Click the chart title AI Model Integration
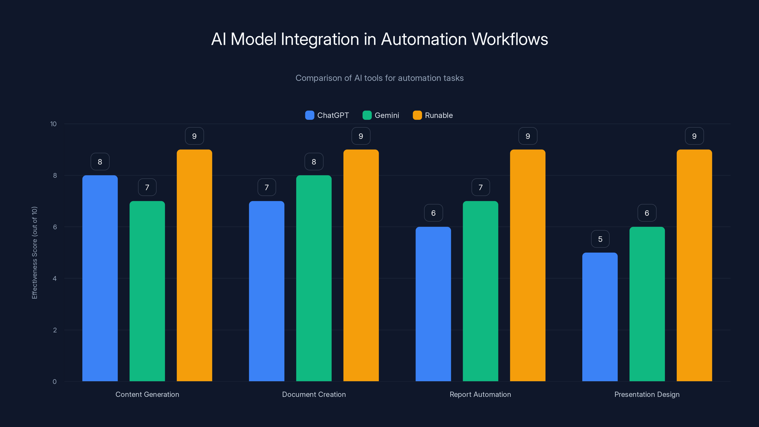379,39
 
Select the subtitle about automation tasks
379,78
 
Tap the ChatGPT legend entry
327,115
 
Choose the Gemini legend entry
381,115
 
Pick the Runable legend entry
433,115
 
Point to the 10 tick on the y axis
53,124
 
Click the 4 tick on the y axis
55,278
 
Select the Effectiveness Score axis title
34,253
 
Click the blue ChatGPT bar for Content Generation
100,278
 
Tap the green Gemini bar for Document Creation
314,278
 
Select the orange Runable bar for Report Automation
528,265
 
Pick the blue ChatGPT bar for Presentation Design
600,317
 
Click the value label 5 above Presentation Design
600,239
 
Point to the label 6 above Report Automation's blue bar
433,213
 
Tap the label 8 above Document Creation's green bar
314,162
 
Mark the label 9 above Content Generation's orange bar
194,136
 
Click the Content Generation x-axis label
147,394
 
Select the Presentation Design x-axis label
647,394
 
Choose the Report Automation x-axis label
480,394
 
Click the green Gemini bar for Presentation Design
647,304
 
